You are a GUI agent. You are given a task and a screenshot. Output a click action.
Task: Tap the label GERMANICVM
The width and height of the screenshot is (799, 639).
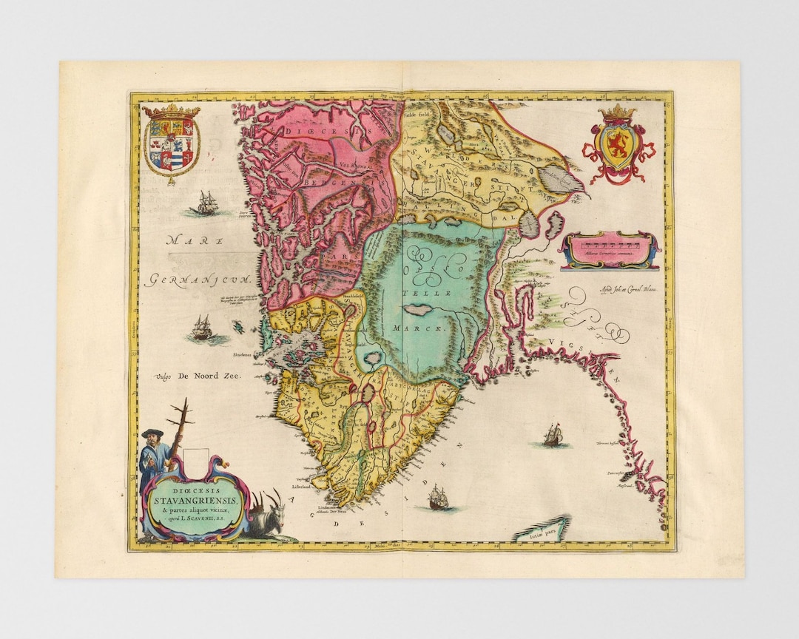(199, 280)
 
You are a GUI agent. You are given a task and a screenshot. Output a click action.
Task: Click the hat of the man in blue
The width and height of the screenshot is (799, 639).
(152, 432)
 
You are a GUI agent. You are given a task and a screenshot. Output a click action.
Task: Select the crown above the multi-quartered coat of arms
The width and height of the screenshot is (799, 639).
(171, 111)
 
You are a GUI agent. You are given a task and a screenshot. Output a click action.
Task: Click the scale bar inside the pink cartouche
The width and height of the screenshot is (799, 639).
(609, 243)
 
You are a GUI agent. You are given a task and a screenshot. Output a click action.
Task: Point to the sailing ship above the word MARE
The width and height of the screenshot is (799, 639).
(205, 203)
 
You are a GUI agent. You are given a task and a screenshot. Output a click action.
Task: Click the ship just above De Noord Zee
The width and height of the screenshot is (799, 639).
(200, 328)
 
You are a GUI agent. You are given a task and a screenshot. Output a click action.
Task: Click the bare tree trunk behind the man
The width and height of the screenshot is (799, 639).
(178, 433)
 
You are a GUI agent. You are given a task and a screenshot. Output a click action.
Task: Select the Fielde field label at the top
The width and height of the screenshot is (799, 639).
(417, 116)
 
